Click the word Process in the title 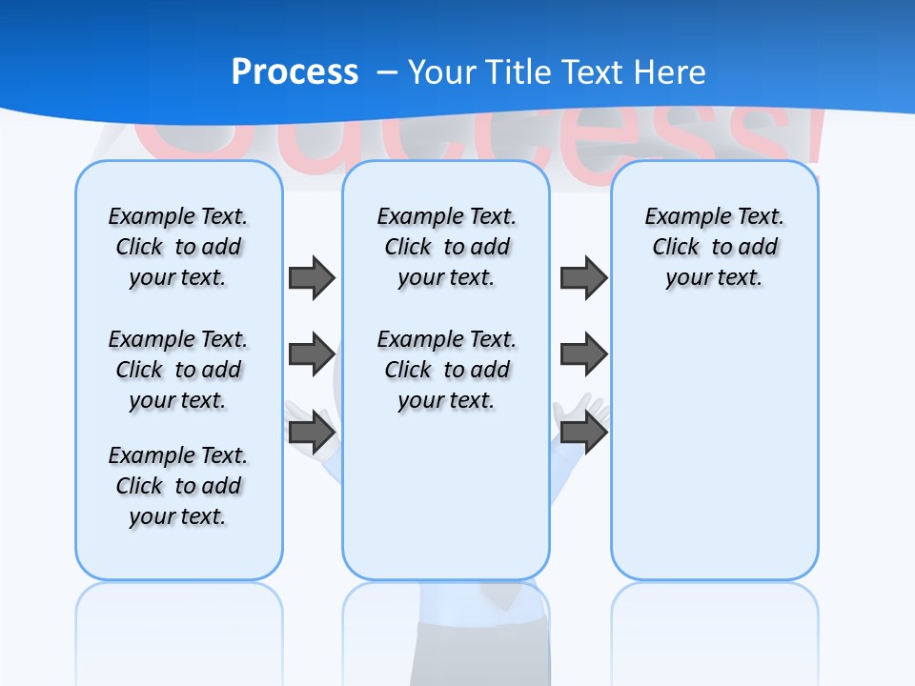coord(295,72)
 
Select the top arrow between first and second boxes coord(312,277)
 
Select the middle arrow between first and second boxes coord(312,354)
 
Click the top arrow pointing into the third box coord(583,277)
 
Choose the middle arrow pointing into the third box coord(583,354)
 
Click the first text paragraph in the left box coord(178,247)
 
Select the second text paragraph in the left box coord(178,370)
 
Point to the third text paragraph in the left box coord(178,486)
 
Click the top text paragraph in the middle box coord(446,247)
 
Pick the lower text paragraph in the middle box coord(446,370)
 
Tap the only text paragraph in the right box coord(715,247)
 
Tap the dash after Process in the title coord(387,73)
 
